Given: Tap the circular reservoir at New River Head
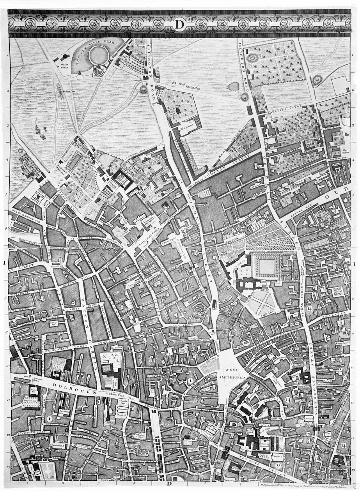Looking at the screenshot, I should [x=98, y=55].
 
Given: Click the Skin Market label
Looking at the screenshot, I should [x=186, y=125].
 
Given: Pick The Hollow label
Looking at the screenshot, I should [x=344, y=151].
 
